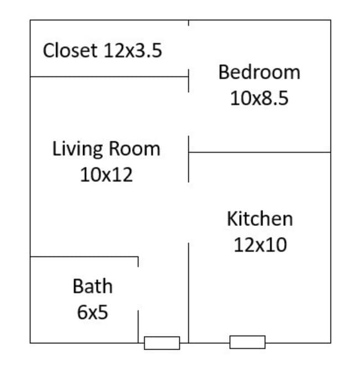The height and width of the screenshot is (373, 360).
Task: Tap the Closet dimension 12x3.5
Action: (132, 51)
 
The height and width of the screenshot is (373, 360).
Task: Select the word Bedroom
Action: (259, 72)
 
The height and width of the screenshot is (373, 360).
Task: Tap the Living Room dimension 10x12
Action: (106, 175)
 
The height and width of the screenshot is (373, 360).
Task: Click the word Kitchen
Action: (259, 219)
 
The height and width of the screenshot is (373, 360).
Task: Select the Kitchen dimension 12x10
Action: (260, 245)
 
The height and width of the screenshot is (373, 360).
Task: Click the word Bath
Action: (92, 287)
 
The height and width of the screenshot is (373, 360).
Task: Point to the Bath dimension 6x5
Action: (92, 313)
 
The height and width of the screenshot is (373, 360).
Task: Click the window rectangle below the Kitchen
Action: (247, 343)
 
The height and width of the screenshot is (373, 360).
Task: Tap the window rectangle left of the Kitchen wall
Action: (162, 343)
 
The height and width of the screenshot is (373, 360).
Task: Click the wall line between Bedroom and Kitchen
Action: (260, 152)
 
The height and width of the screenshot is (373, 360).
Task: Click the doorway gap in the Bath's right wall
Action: (138, 288)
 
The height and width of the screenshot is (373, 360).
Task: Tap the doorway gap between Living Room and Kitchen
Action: (189, 213)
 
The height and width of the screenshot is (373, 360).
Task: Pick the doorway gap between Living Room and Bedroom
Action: (189, 114)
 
